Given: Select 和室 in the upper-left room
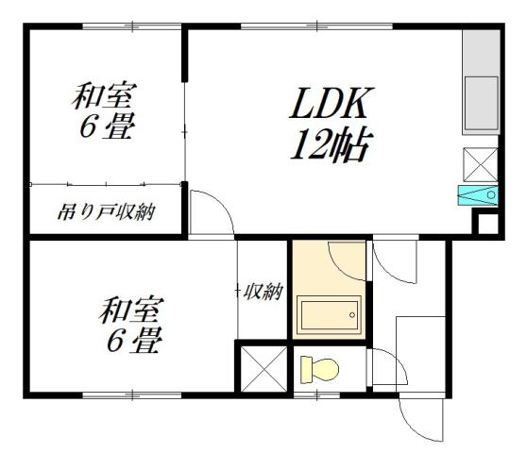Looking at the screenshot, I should [105, 97].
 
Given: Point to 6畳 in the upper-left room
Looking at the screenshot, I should [104, 128].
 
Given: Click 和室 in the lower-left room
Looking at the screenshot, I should [133, 310].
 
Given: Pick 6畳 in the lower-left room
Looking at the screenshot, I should [132, 341].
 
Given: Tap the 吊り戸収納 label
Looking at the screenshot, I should [105, 211].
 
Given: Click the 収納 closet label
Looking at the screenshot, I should [263, 292].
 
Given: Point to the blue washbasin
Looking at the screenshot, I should [477, 195].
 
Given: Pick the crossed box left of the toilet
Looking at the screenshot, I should [261, 367].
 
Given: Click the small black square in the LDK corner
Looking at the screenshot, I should [487, 225].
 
